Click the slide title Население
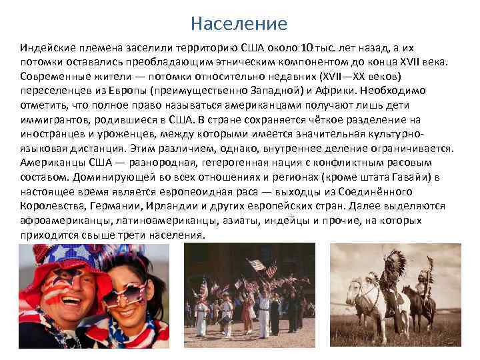[239, 25]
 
